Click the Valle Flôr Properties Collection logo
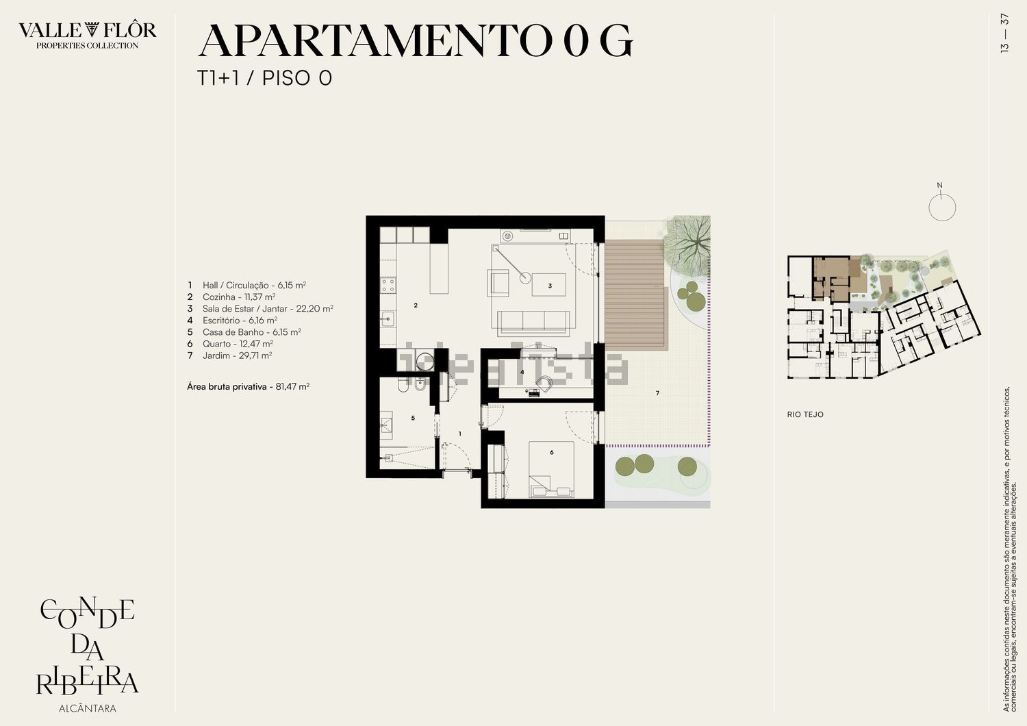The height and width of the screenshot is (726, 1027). click(x=87, y=35)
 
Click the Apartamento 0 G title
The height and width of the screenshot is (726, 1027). click(x=416, y=40)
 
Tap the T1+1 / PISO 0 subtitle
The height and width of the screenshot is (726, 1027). click(x=264, y=78)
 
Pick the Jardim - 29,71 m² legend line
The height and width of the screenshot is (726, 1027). click(x=229, y=355)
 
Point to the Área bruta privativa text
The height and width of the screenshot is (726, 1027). click(x=227, y=386)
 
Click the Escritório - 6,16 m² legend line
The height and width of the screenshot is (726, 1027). click(x=232, y=320)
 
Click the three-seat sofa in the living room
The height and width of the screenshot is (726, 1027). click(x=533, y=323)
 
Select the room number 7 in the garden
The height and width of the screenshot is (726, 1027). click(x=657, y=393)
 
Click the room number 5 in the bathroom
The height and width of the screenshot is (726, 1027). click(x=413, y=418)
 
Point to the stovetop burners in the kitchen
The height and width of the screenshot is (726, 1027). click(x=388, y=285)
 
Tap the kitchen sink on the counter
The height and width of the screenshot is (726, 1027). click(x=388, y=318)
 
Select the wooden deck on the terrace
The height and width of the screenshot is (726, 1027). click(x=635, y=295)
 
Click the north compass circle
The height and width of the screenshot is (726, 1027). click(x=942, y=208)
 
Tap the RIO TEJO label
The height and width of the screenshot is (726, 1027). click(x=805, y=414)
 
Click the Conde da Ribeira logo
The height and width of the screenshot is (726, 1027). click(x=87, y=647)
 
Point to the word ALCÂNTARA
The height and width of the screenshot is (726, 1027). click(x=88, y=709)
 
